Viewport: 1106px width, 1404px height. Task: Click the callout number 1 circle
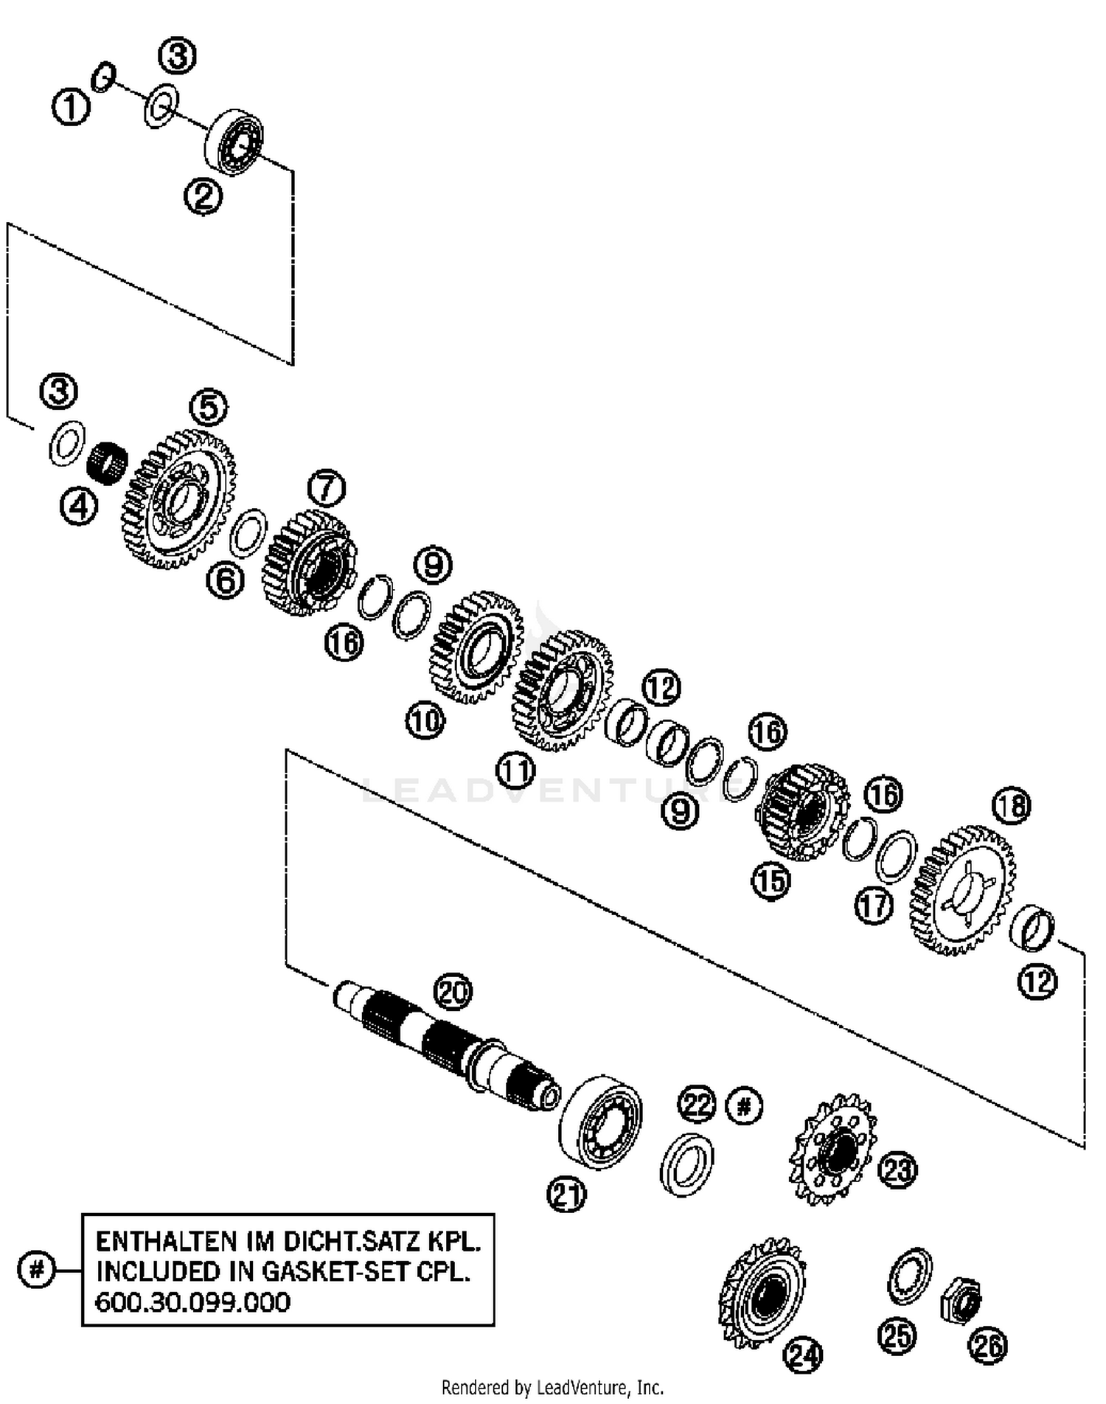pyautogui.click(x=71, y=108)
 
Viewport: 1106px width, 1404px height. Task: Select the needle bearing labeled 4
pyautogui.click(x=107, y=462)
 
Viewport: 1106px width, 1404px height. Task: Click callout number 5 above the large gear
pyautogui.click(x=209, y=408)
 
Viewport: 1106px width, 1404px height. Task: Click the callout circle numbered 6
pyautogui.click(x=225, y=580)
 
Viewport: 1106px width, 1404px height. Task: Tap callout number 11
pyautogui.click(x=515, y=771)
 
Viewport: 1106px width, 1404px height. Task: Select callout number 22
pyautogui.click(x=698, y=1105)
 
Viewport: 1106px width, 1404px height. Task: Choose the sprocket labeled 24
pyautogui.click(x=764, y=1293)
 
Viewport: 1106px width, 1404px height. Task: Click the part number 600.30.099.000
pyautogui.click(x=193, y=1302)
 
